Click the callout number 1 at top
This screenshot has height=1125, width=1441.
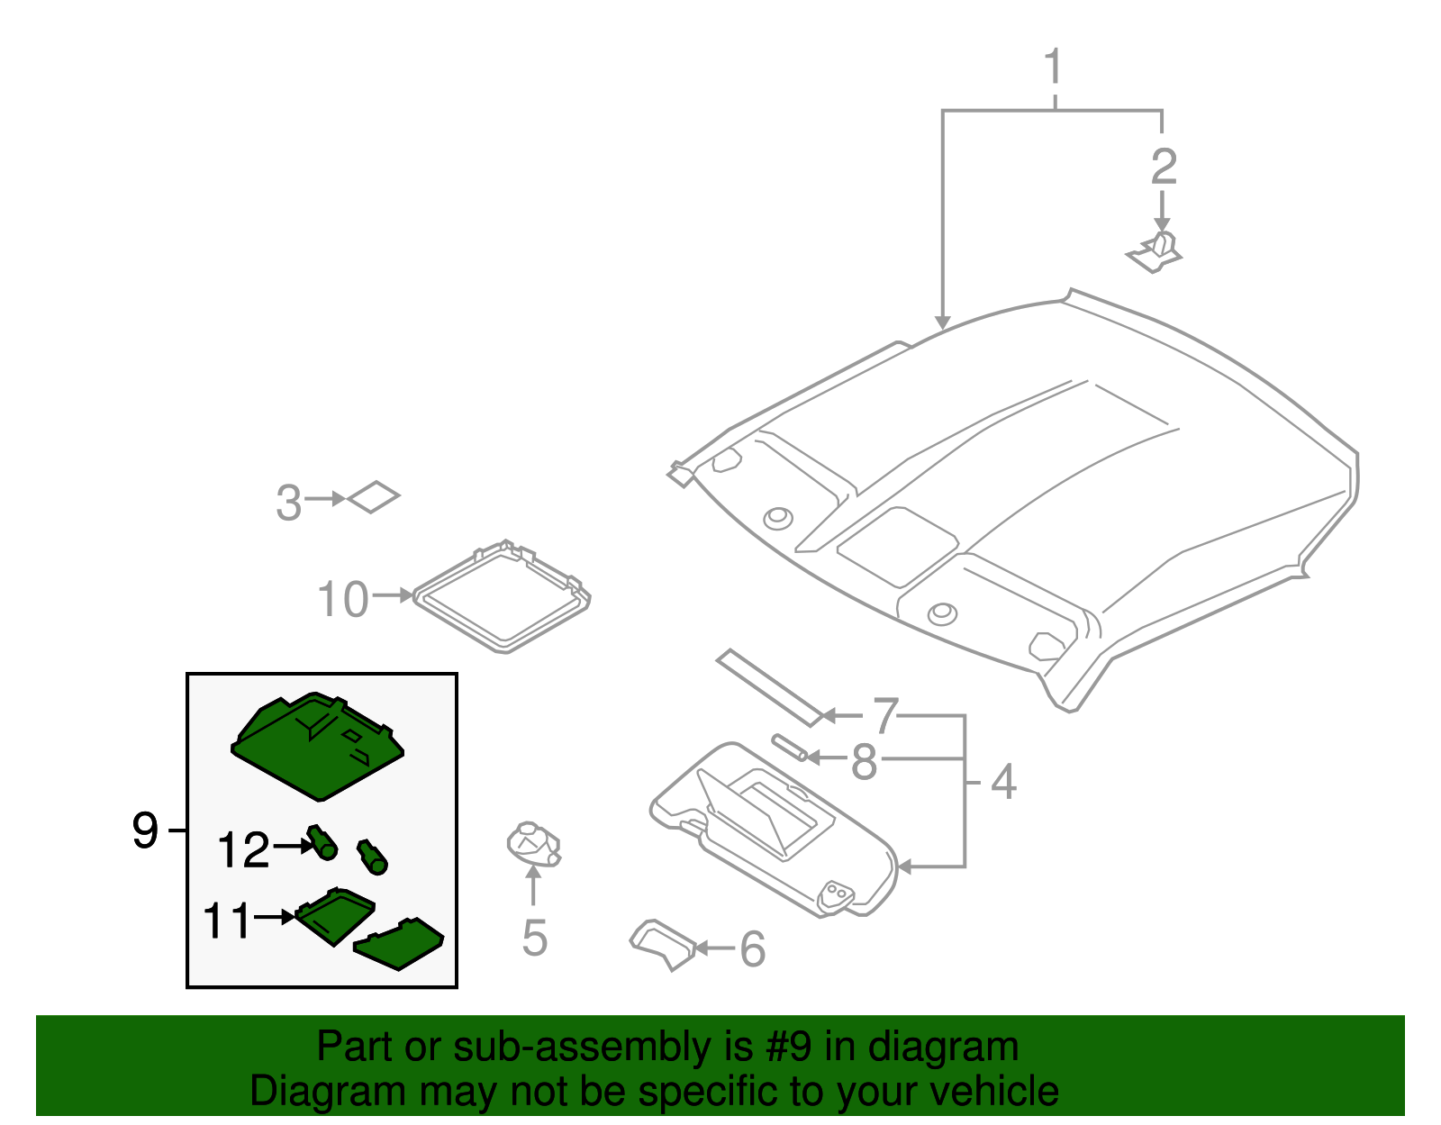click(x=1053, y=68)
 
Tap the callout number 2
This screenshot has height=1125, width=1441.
click(x=1163, y=167)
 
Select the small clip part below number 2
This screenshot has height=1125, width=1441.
click(x=1156, y=252)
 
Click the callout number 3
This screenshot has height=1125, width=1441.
click(x=288, y=503)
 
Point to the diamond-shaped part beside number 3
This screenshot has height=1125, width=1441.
click(x=373, y=496)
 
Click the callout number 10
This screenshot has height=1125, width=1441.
click(x=343, y=599)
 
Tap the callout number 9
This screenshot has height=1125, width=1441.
click(x=145, y=830)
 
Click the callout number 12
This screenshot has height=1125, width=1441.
click(x=243, y=849)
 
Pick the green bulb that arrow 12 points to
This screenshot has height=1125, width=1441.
click(x=322, y=842)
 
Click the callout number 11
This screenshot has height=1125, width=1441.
click(x=226, y=921)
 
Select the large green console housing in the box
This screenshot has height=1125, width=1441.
click(x=317, y=748)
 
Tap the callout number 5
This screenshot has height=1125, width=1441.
click(x=534, y=939)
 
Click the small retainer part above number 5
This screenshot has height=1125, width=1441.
click(x=533, y=845)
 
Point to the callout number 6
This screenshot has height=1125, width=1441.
click(x=752, y=949)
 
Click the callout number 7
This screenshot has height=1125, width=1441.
click(x=885, y=716)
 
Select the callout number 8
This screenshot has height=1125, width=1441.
click(x=864, y=762)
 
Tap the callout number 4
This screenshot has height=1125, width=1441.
click(x=1002, y=782)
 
